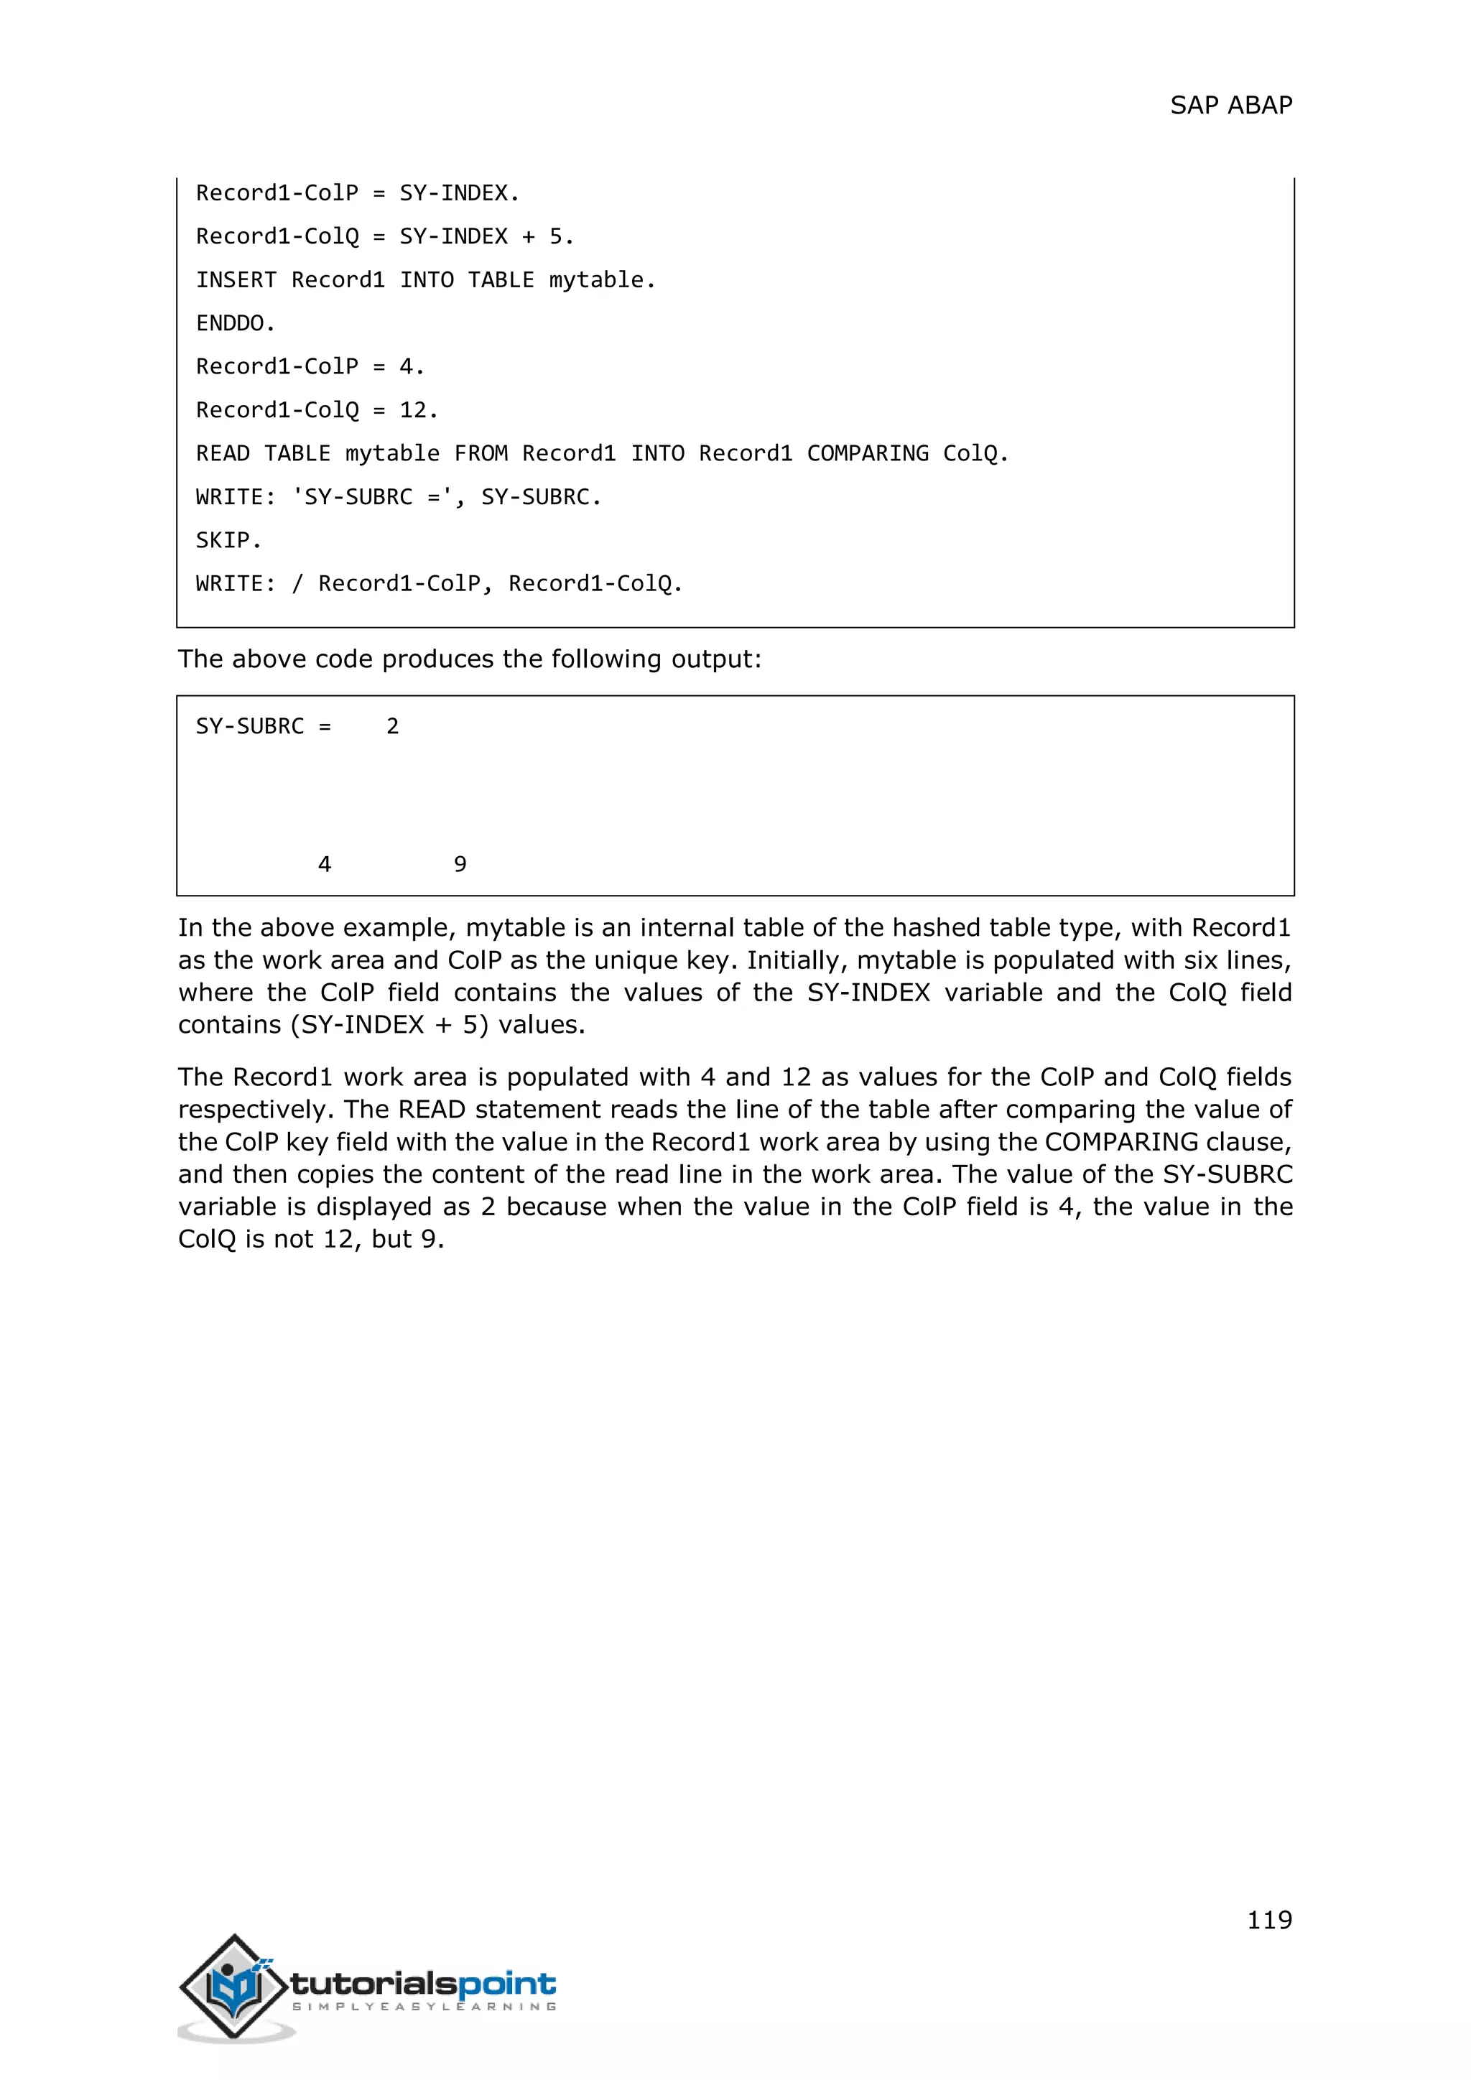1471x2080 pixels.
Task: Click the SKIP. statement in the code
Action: pos(228,541)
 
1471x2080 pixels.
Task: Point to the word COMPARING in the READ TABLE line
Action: pos(867,454)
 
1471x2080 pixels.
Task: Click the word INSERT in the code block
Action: pos(236,280)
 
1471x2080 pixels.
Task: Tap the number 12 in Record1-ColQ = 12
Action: pos(413,410)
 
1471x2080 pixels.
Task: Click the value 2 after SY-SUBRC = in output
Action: pos(392,727)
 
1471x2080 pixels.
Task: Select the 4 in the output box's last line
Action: pos(324,864)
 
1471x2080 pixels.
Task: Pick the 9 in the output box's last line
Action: pos(460,864)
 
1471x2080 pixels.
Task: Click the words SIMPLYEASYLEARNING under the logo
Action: pos(423,2007)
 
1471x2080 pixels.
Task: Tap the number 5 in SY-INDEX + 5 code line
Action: pos(555,236)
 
